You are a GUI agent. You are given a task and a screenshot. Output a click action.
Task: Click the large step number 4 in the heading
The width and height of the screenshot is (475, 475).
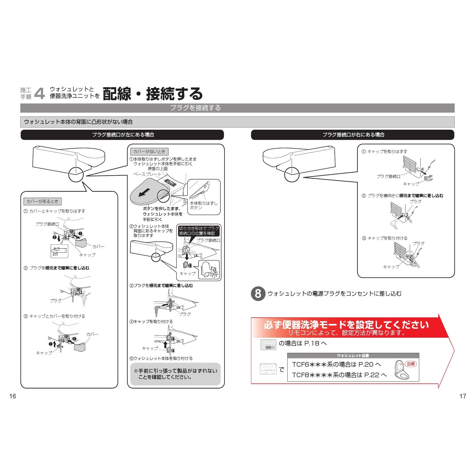point(40,93)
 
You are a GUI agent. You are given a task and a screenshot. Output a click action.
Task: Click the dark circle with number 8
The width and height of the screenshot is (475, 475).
point(258,294)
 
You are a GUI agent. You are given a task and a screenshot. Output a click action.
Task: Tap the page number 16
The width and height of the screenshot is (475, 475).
point(13,396)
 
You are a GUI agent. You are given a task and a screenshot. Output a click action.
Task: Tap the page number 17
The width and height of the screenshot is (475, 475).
point(463,396)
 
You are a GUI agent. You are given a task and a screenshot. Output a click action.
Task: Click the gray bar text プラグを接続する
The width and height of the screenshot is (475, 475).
point(196,108)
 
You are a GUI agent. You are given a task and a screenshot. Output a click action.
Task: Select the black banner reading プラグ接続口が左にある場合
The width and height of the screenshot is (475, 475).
point(122,135)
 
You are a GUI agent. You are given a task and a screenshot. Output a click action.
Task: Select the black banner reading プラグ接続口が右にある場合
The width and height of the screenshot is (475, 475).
point(353,135)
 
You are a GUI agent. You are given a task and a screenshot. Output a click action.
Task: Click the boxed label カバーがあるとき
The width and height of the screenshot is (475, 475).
point(43,201)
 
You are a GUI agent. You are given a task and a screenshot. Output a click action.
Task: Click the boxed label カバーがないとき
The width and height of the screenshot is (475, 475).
point(149,151)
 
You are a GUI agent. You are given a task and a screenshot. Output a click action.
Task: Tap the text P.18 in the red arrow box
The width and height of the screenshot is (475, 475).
point(312,343)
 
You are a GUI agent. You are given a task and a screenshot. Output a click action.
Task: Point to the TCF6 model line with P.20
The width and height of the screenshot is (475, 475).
point(336,365)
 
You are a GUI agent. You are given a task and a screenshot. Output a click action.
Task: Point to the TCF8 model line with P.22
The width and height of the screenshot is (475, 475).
point(339,375)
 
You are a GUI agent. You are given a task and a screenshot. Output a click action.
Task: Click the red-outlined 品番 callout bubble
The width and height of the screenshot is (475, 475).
point(411,364)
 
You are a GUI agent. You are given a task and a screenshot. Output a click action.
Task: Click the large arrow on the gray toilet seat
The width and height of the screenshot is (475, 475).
point(144,192)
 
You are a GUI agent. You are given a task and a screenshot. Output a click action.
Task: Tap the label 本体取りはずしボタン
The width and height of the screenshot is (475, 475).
point(203,206)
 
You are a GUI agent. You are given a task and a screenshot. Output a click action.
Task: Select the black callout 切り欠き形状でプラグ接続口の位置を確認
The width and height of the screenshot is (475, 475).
point(199,231)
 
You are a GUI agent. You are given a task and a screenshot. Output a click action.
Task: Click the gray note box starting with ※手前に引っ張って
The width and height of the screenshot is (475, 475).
point(175,374)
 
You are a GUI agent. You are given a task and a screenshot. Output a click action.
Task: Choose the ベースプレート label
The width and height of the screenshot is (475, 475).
point(147,174)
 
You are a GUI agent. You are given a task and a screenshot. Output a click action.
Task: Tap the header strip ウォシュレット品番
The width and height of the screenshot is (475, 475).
point(353,356)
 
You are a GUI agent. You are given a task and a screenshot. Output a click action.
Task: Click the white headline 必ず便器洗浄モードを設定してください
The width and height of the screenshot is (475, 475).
point(346,324)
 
